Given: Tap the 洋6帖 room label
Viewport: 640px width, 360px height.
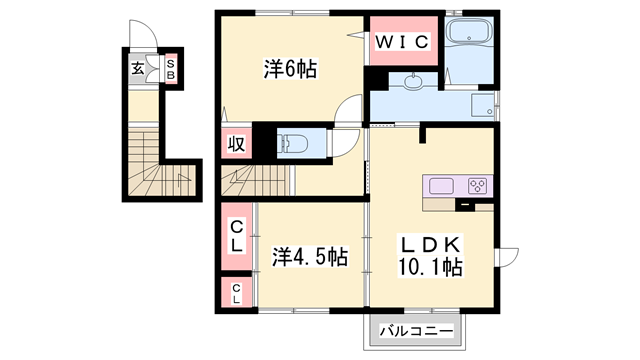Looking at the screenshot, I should (290, 69).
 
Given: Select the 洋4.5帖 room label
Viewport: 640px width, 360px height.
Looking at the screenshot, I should (310, 257).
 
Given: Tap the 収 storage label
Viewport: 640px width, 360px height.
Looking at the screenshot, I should (237, 144).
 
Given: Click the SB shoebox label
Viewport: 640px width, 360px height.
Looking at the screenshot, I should (171, 69).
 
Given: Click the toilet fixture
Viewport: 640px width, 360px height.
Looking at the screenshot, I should (294, 143).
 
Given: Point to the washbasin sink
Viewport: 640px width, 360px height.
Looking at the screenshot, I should (413, 81).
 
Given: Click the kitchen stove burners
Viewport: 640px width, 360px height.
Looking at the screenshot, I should (476, 185).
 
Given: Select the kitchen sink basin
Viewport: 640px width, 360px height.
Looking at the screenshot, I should (442, 185).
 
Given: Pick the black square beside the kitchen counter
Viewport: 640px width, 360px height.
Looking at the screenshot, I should (465, 207).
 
